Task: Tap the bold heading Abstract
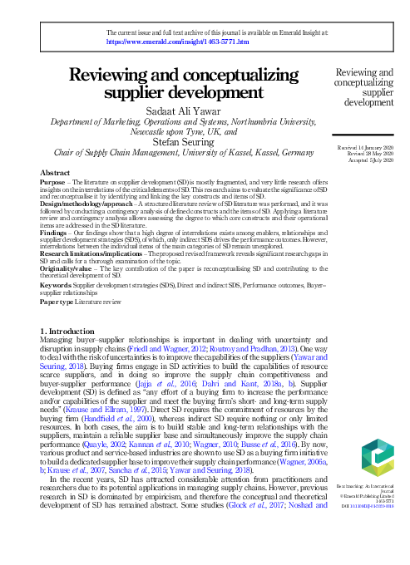tap(55, 171)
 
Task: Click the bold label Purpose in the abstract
tap(53, 180)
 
